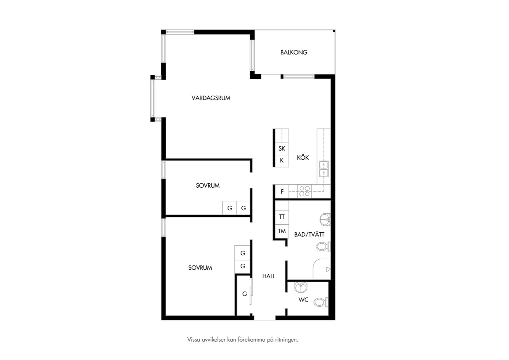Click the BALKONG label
click(294, 52)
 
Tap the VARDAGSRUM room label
click(211, 98)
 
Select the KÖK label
click(303, 157)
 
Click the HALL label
click(268, 276)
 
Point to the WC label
click(303, 300)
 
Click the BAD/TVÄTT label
click(309, 234)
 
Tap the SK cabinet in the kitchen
click(282, 149)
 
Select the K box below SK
click(282, 161)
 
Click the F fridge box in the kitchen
click(282, 191)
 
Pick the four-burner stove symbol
click(304, 191)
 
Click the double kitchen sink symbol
click(324, 169)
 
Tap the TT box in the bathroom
click(282, 217)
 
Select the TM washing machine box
click(282, 231)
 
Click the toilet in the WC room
click(321, 302)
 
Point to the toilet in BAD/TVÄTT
click(323, 246)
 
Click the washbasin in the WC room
click(301, 288)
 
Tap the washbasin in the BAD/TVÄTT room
click(325, 220)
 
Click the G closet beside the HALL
click(245, 294)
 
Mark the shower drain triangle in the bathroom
click(328, 269)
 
